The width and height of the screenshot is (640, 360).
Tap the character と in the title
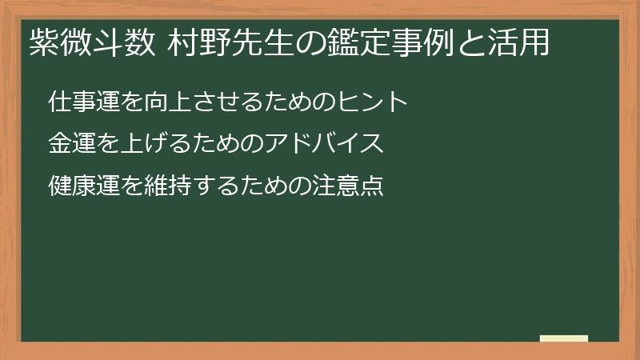click(x=466, y=43)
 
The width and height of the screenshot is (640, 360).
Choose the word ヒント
click(x=374, y=102)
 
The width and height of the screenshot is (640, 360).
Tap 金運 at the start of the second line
click(x=72, y=144)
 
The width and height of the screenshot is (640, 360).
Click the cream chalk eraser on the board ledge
click(x=564, y=338)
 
